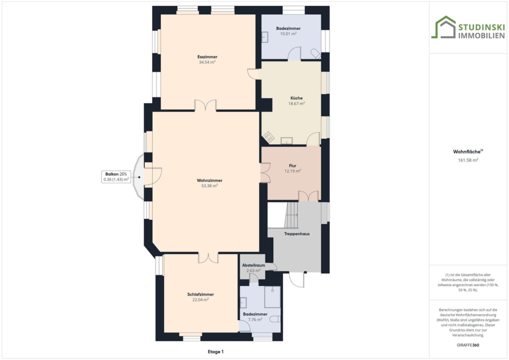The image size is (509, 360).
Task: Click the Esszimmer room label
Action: click(x=207, y=57)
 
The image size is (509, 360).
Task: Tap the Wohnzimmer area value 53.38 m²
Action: click(x=209, y=186)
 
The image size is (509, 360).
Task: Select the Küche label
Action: click(x=296, y=98)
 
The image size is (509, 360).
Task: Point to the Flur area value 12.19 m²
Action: click(x=292, y=171)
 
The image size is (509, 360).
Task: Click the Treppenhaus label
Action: click(x=297, y=234)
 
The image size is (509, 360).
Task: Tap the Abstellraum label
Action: click(x=254, y=265)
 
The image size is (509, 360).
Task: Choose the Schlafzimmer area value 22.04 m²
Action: click(x=200, y=300)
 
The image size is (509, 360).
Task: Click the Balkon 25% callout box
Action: click(x=116, y=177)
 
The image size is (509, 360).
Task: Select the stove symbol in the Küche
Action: click(x=269, y=137)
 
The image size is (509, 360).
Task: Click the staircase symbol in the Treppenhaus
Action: click(x=291, y=215)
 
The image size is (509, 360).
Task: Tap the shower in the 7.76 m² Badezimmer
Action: click(x=272, y=297)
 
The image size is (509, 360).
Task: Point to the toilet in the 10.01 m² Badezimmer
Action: click(x=316, y=54)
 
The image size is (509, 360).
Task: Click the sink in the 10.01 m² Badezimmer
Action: click(x=265, y=37)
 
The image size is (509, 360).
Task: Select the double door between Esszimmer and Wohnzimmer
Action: click(x=205, y=106)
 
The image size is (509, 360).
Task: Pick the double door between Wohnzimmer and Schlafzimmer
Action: click(x=208, y=258)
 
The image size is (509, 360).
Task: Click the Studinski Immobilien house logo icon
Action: click(x=443, y=27)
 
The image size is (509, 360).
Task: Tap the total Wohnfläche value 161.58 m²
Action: click(x=468, y=160)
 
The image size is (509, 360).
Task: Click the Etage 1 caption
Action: click(x=216, y=352)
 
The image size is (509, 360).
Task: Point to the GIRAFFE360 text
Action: click(x=468, y=345)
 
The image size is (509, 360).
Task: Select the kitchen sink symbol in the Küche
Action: click(x=287, y=141)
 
